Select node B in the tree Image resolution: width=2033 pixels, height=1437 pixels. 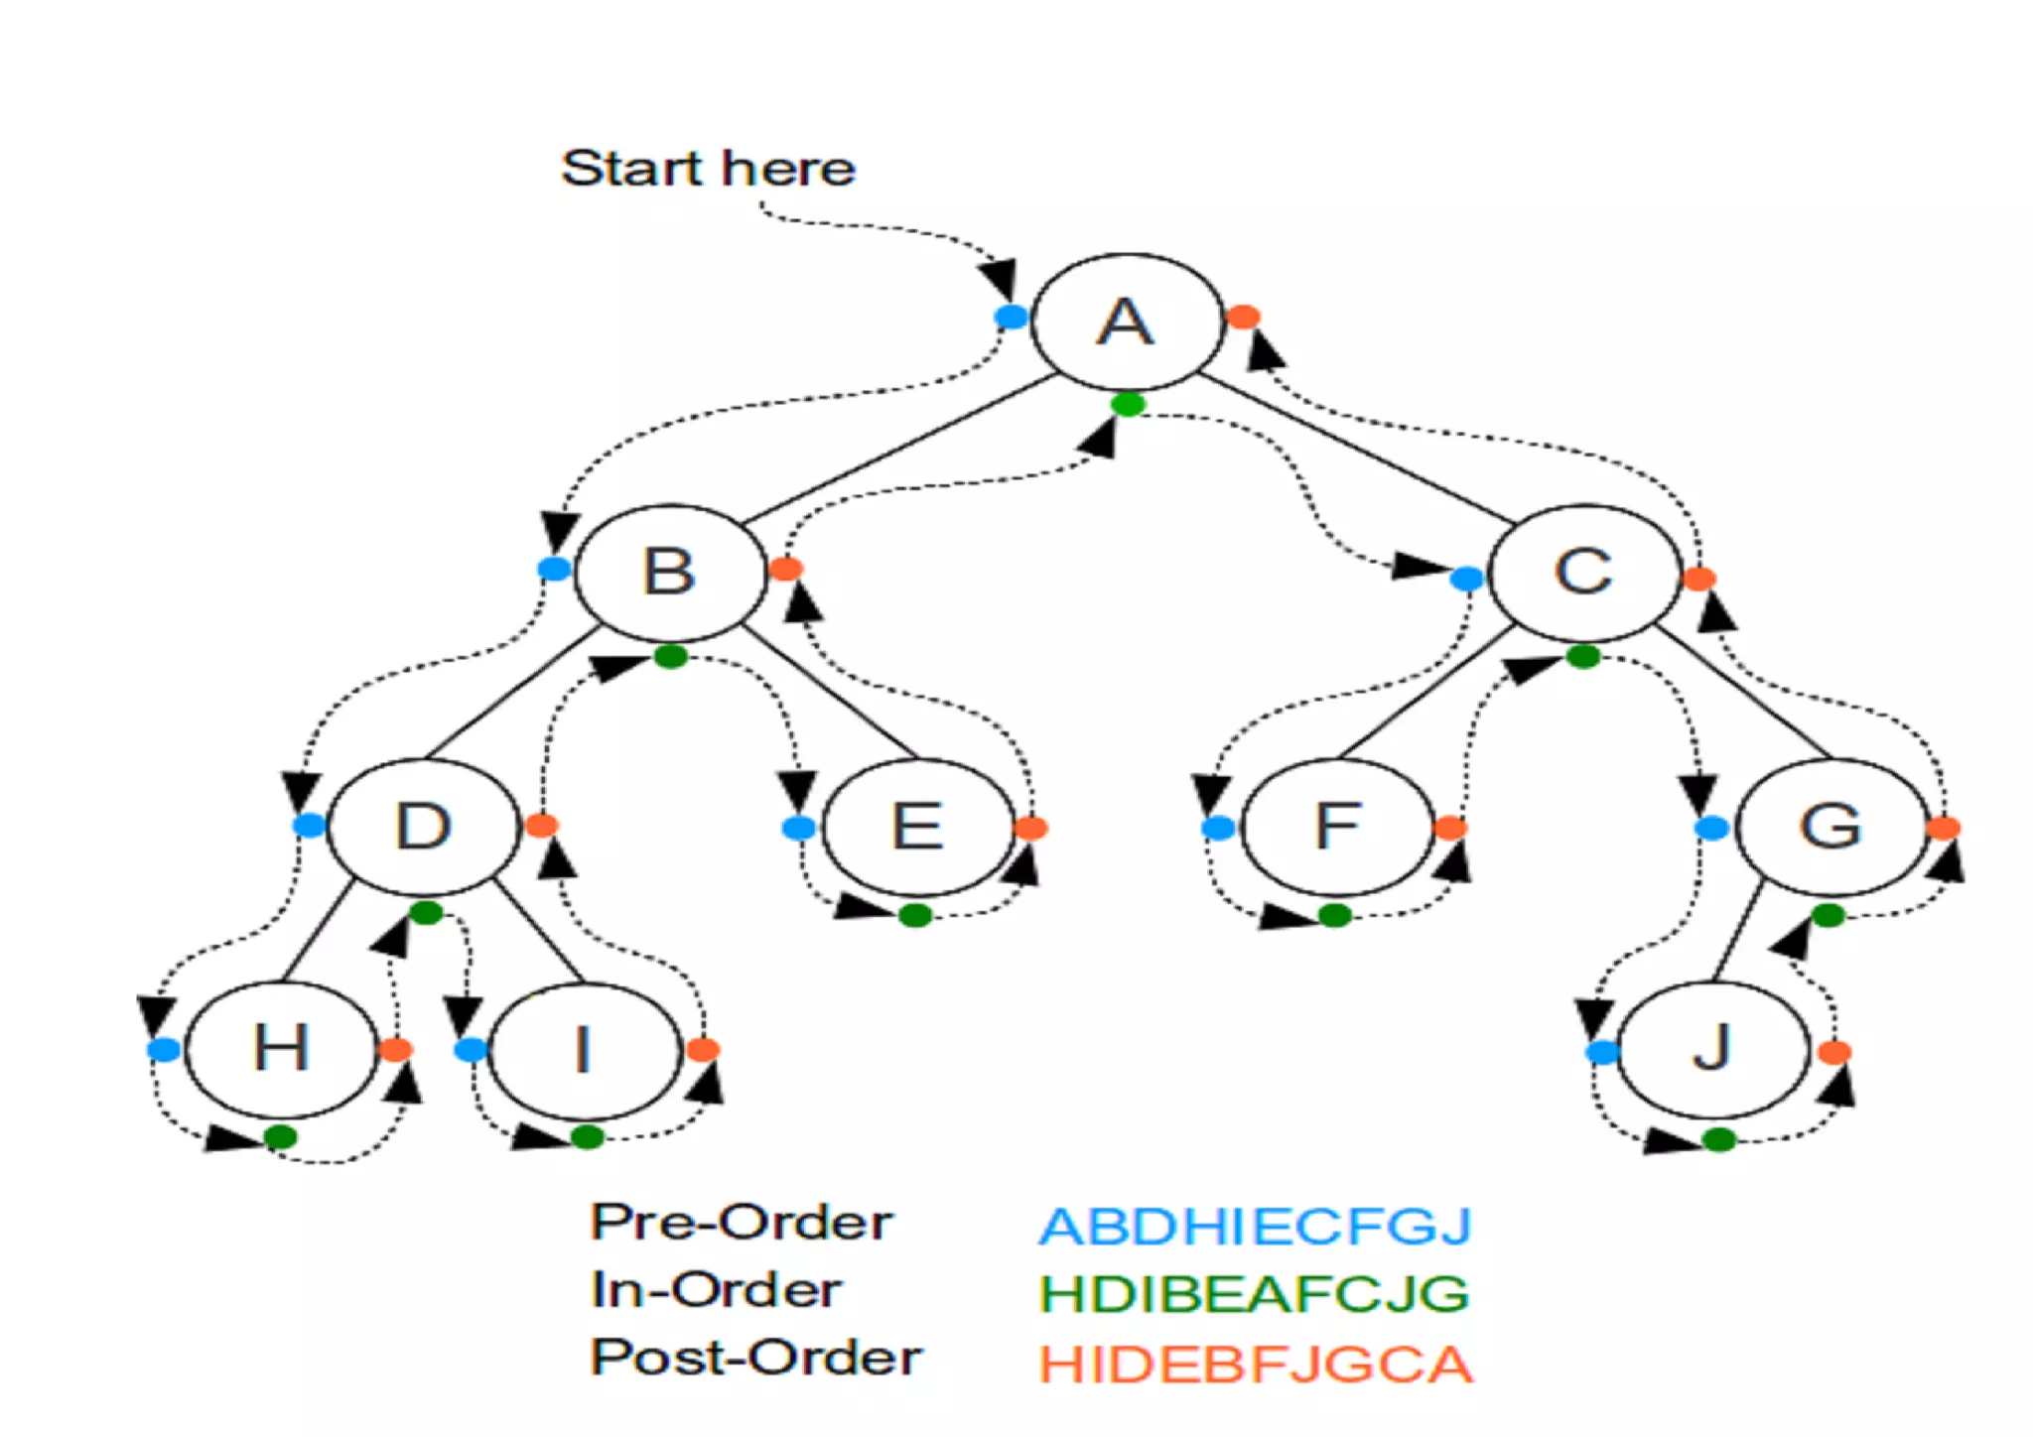point(670,573)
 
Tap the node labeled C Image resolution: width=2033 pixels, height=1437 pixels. point(1584,573)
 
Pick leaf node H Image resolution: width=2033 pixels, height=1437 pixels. point(282,1049)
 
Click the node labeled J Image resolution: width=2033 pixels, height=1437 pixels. point(1712,1049)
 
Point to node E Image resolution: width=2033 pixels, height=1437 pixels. point(918,827)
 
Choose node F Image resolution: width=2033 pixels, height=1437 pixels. point(1337,827)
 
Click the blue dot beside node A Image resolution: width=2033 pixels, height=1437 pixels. point(1011,318)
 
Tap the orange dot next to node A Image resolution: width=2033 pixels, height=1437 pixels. point(1243,317)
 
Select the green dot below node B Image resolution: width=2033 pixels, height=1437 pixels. point(671,656)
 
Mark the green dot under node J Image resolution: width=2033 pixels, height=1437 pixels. point(1718,1139)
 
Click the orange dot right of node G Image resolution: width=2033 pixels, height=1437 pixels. point(1943,828)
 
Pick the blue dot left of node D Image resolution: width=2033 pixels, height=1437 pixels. point(309,825)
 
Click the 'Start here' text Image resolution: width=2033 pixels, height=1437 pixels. point(708,169)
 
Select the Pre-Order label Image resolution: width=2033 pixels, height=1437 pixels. point(742,1223)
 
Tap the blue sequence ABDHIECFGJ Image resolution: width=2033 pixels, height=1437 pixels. point(1255,1227)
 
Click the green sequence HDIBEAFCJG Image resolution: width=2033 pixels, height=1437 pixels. point(1255,1294)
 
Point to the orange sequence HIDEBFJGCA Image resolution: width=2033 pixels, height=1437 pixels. point(1255,1365)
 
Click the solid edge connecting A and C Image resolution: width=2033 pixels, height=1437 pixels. point(1355,449)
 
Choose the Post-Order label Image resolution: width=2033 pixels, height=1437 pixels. point(755,1358)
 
